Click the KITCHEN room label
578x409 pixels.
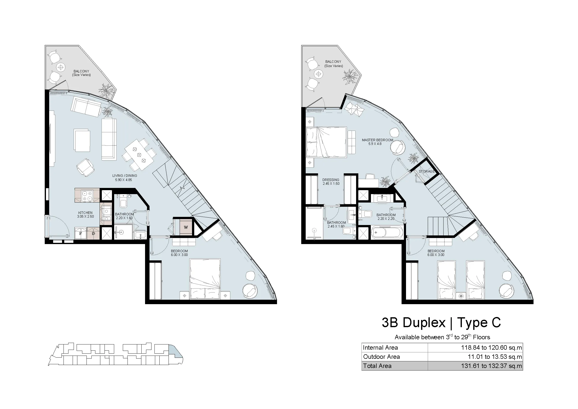(85, 213)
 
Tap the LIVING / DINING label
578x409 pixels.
(125, 176)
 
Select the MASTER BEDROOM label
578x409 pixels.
(377, 140)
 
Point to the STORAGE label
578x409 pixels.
(427, 171)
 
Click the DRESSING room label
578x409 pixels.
(331, 180)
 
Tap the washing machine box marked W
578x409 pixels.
(186, 227)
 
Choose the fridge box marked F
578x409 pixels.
(81, 233)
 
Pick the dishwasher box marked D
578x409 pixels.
(93, 233)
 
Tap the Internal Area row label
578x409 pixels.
(380, 348)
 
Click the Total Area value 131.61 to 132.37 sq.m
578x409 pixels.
(492, 366)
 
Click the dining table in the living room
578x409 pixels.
(139, 155)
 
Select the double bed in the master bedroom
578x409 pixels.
(326, 142)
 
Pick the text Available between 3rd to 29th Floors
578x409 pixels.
(442, 337)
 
